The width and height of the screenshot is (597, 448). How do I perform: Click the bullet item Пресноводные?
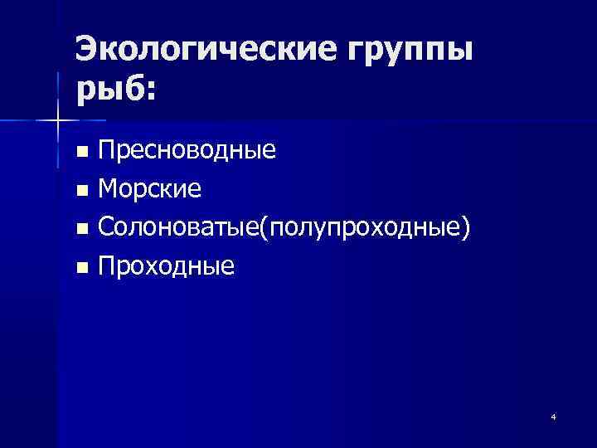pyautogui.click(x=187, y=152)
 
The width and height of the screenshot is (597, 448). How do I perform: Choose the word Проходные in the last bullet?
pyautogui.click(x=166, y=266)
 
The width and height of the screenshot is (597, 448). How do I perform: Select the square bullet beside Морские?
pyautogui.click(x=81, y=191)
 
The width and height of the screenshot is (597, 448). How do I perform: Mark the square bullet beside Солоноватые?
pyautogui.click(x=81, y=229)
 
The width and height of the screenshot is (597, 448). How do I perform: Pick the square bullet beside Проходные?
pyautogui.click(x=81, y=267)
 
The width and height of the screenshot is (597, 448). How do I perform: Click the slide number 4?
pyautogui.click(x=553, y=416)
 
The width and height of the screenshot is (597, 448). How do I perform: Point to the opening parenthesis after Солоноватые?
pyautogui.click(x=265, y=228)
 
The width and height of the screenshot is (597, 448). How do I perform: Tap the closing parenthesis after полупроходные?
pyautogui.click(x=471, y=228)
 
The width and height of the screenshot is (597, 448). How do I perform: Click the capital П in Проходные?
pyautogui.click(x=108, y=265)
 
